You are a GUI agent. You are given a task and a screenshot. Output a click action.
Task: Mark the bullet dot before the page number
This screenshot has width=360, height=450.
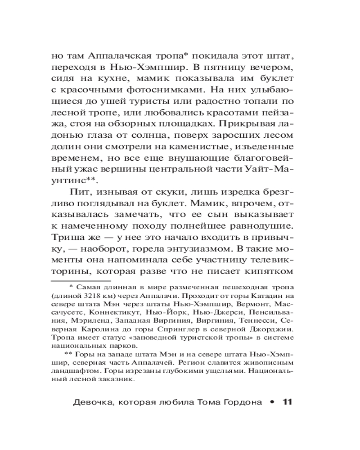pos(272,402)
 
